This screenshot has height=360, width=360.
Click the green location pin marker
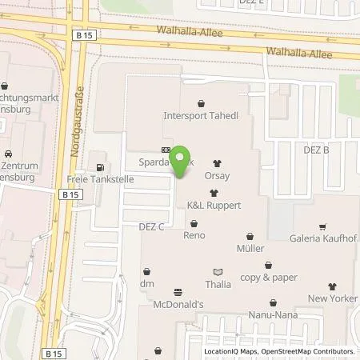click(x=182, y=159)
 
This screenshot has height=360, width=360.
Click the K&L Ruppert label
click(x=214, y=206)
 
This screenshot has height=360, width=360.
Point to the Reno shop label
click(x=195, y=235)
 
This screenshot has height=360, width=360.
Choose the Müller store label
click(x=250, y=249)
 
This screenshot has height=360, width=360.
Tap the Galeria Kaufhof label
click(x=321, y=238)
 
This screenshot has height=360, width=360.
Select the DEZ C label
click(x=150, y=226)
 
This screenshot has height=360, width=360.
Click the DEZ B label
click(x=316, y=150)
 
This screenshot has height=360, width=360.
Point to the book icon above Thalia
click(x=217, y=270)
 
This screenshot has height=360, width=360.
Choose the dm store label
click(x=146, y=284)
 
